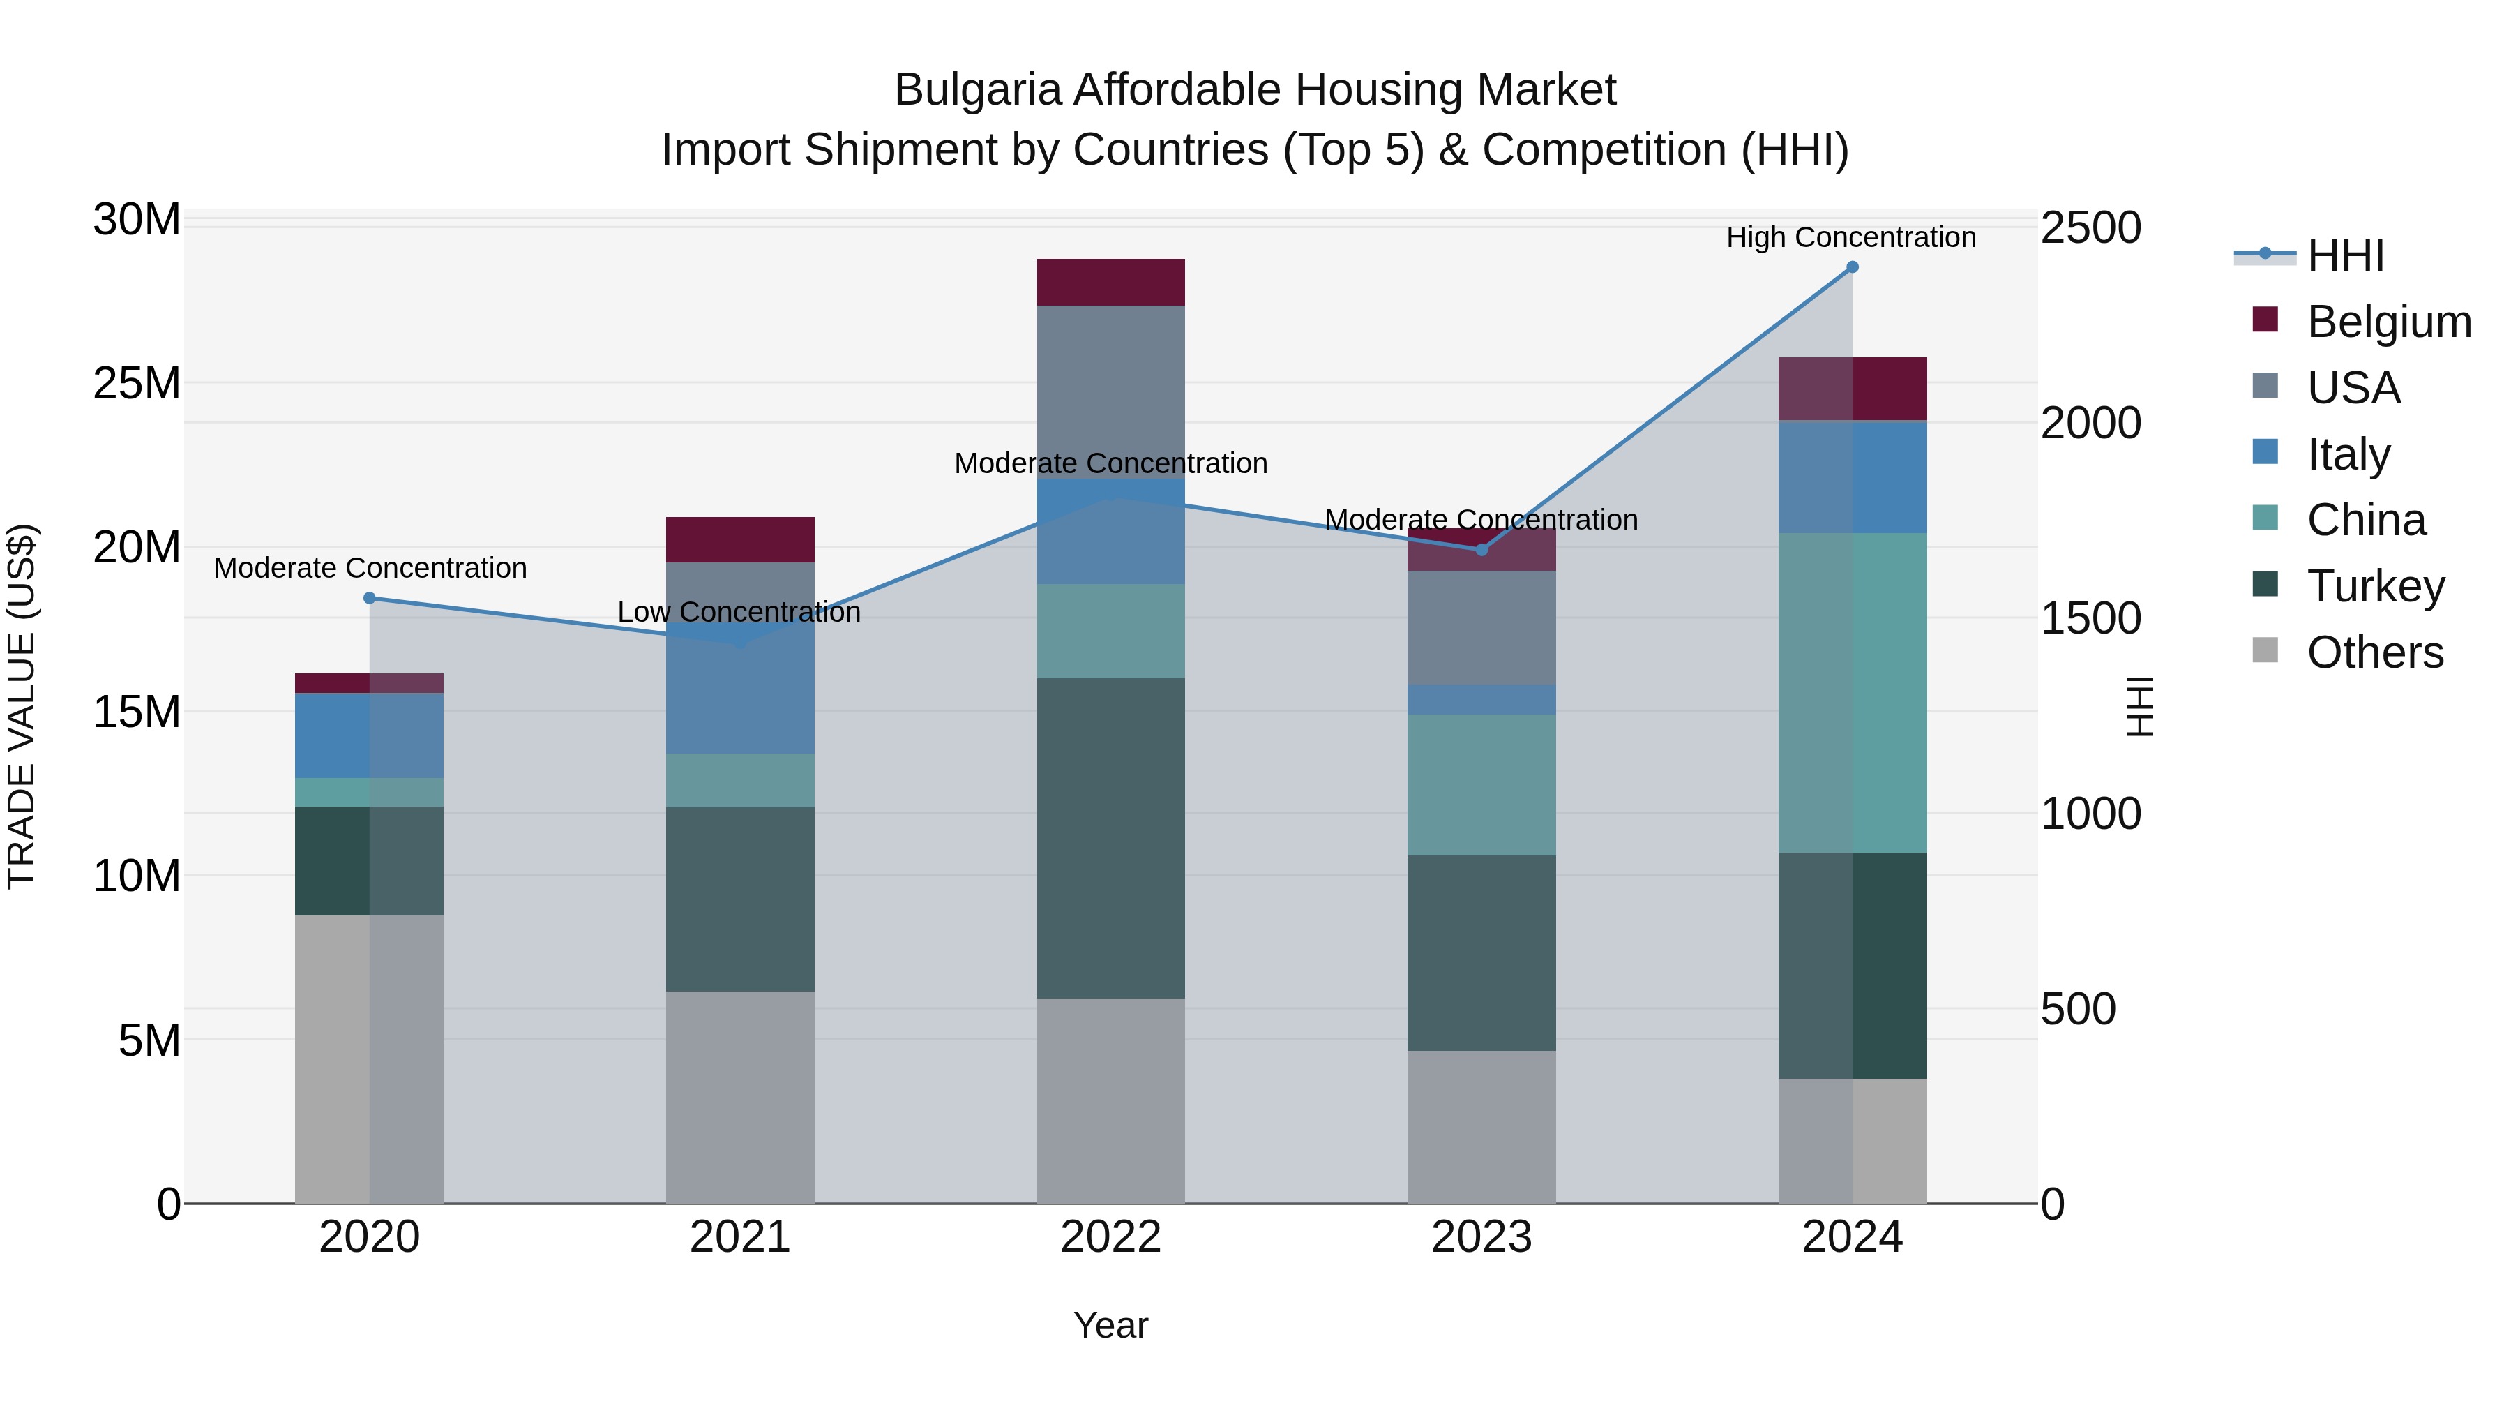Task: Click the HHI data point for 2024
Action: [x=1852, y=267]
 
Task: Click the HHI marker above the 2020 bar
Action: [x=370, y=599]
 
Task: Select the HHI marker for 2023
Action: [x=1481, y=550]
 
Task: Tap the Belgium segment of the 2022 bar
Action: [x=1110, y=283]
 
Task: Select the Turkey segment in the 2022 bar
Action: [x=1110, y=839]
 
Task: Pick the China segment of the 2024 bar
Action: [x=1852, y=692]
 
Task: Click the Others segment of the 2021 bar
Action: [x=740, y=1097]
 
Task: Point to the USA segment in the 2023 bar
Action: [x=1481, y=628]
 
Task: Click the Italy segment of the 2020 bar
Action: [x=370, y=735]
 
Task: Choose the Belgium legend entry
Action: [x=2388, y=322]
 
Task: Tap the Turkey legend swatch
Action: [x=2265, y=585]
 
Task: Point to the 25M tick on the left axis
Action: [x=137, y=383]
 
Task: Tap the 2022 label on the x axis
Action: [x=1110, y=1237]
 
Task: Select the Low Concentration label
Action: [x=739, y=613]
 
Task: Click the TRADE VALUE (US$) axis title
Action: [x=22, y=706]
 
